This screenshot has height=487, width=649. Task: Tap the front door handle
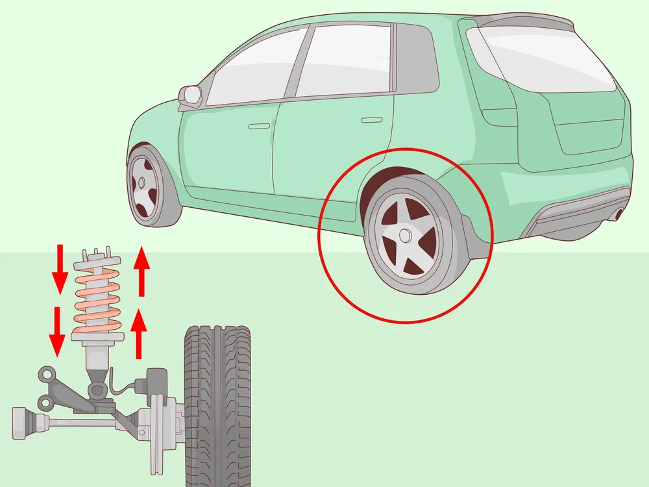click(x=259, y=125)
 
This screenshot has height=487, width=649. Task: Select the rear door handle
click(x=371, y=119)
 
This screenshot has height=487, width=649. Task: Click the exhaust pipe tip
click(x=620, y=212)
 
